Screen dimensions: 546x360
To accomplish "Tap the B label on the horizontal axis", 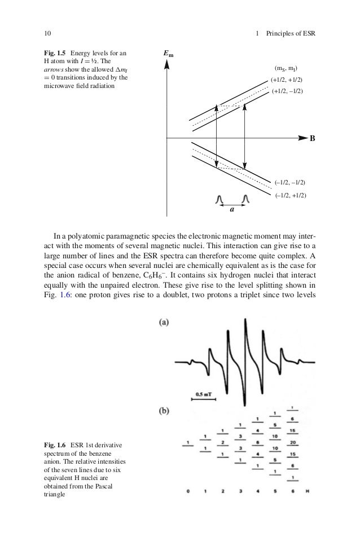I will [x=311, y=138].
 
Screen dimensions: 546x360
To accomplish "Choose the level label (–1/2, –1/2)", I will [x=290, y=183].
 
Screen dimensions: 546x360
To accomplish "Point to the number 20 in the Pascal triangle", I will [x=292, y=443].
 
